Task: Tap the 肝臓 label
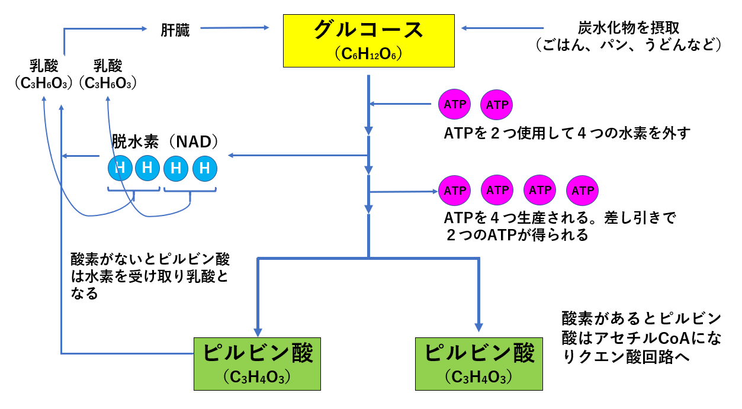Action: coord(175,30)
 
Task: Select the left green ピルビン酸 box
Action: coord(258,363)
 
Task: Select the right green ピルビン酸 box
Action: coord(479,363)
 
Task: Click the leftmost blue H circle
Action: coord(120,169)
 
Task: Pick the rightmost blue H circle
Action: coord(205,169)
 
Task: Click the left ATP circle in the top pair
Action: coord(455,105)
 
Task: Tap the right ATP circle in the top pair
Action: coord(497,105)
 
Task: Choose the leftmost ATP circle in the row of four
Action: coord(455,191)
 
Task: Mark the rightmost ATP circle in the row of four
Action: coord(583,191)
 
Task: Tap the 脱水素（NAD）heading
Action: coord(166,141)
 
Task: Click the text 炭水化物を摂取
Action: coord(628,28)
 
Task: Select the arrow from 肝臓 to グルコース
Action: coord(233,27)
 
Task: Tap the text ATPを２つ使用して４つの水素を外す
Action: coord(567,132)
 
